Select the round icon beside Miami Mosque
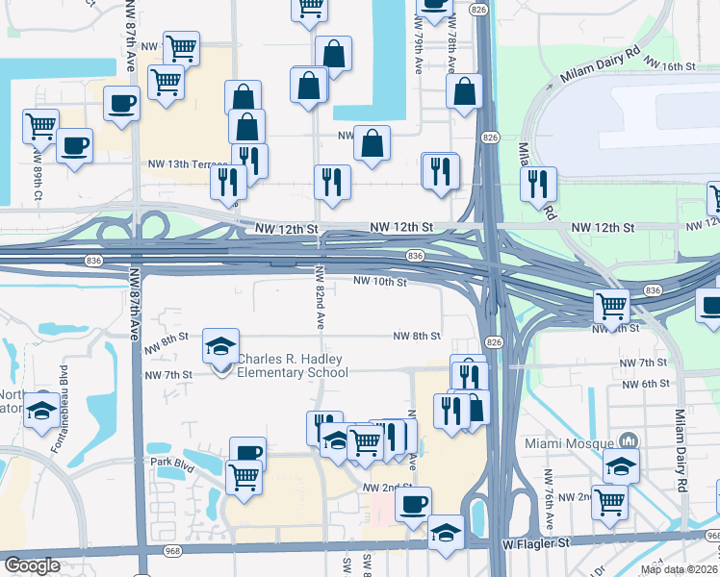629,440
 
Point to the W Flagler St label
536,543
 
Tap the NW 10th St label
380,282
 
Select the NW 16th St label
669,65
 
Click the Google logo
32,565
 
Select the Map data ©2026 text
679,569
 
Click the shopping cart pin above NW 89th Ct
40,125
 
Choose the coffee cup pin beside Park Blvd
247,453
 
